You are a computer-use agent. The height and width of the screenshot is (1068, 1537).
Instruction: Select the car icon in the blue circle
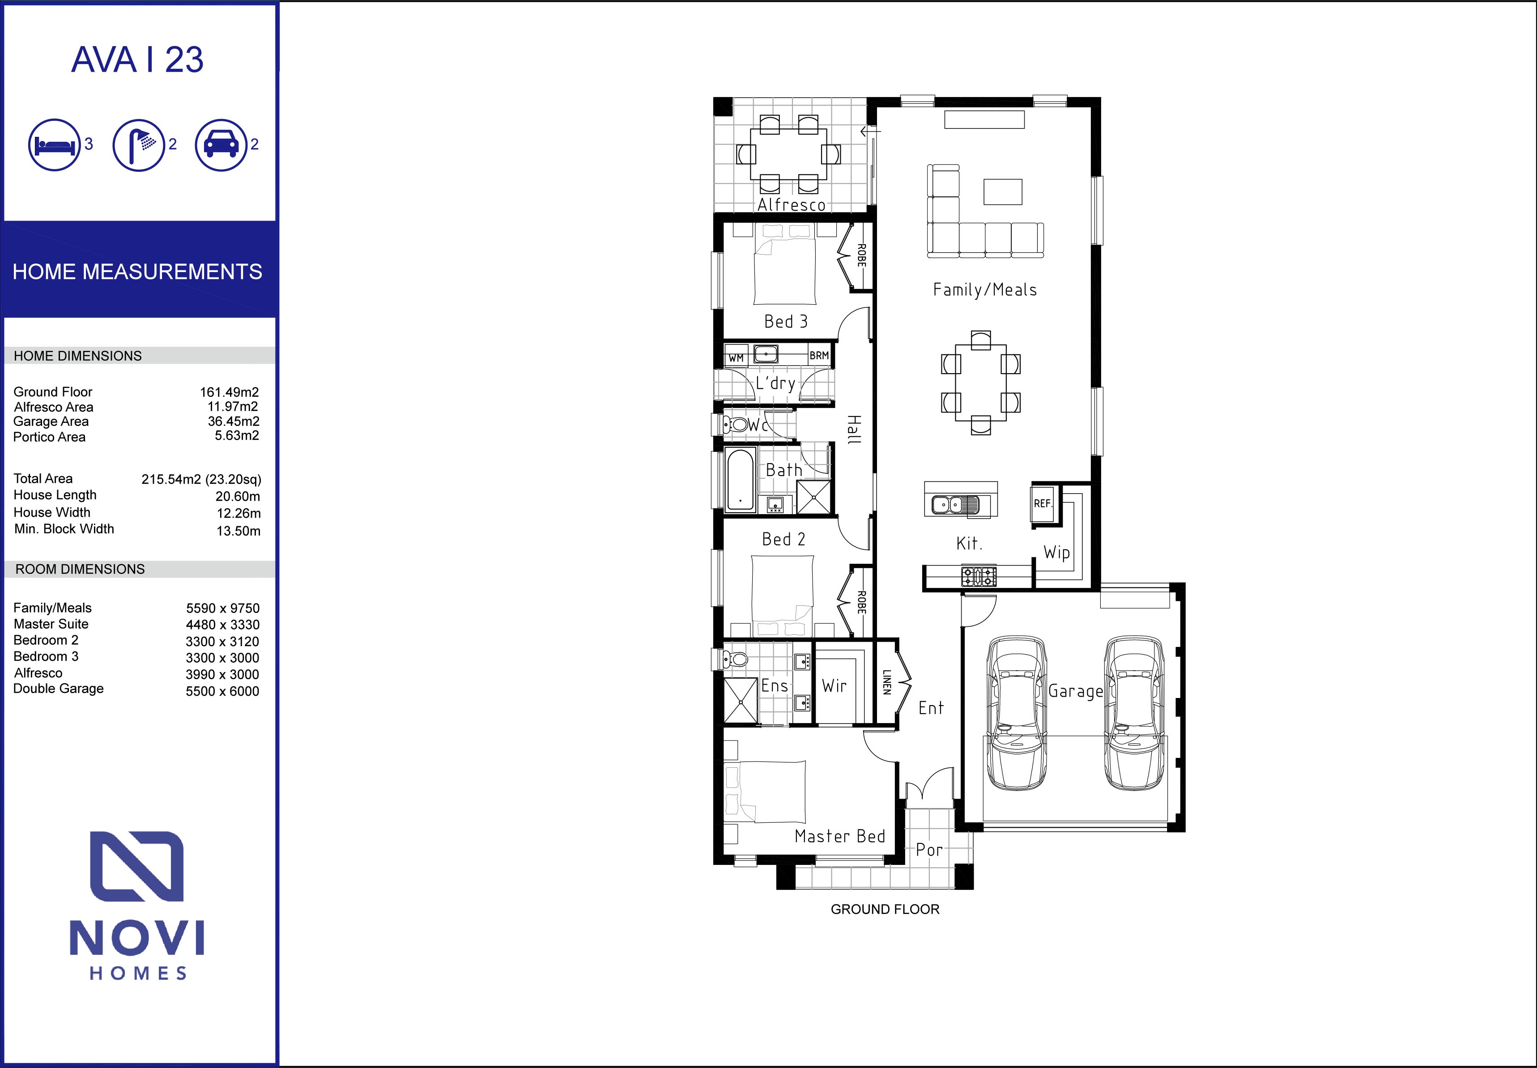[221, 145]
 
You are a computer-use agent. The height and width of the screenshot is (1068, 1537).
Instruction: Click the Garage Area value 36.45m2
[234, 421]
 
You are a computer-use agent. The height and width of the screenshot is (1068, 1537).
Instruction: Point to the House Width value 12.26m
[238, 513]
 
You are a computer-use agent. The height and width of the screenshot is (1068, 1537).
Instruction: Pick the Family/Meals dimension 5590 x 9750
[223, 608]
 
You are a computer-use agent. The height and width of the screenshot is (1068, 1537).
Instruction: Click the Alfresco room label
[792, 205]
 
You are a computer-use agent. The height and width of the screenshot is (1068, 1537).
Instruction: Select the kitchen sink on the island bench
[955, 504]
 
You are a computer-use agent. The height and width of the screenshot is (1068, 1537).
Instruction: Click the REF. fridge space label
[1043, 503]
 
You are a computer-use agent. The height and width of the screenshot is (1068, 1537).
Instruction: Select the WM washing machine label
[736, 358]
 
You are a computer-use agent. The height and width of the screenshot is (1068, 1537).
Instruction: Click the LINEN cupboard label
[886, 682]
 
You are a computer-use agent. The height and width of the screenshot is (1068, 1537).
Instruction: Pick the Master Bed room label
[840, 837]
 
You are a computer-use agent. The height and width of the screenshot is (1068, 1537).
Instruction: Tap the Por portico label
[929, 850]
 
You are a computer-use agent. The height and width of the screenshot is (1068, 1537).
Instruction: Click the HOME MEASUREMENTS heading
[137, 272]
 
